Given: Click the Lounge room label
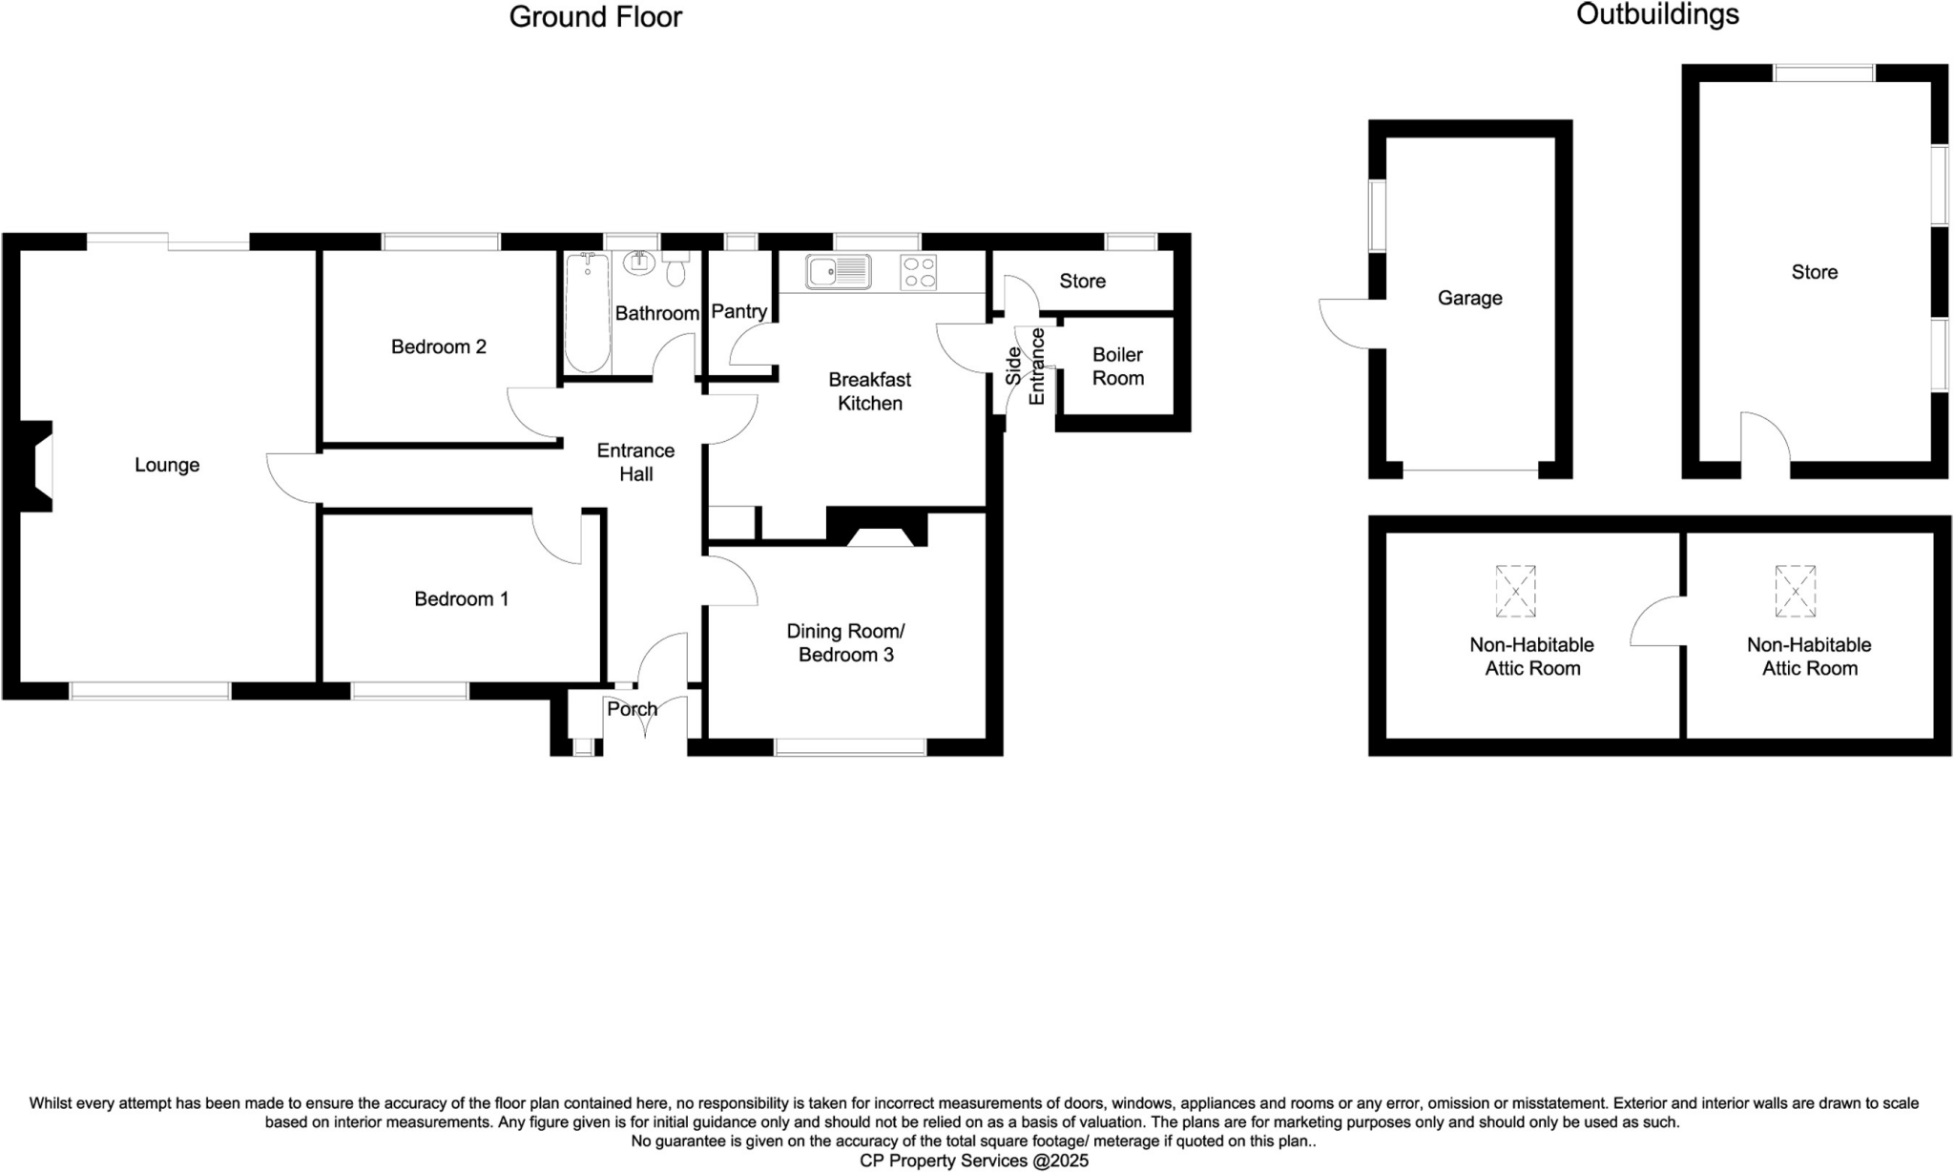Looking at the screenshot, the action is click(x=167, y=466).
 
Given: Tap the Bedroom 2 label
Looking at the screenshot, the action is click(x=439, y=347).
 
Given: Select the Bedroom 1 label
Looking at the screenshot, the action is click(x=461, y=599).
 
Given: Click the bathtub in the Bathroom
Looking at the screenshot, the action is click(x=587, y=313).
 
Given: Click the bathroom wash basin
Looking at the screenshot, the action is click(x=638, y=262).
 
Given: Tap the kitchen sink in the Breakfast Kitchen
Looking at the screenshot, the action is click(x=838, y=272).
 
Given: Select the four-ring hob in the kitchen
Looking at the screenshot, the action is click(x=918, y=272).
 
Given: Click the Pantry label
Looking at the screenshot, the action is click(x=739, y=312).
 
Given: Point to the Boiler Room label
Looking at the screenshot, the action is click(x=1117, y=366).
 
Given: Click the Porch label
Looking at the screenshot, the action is click(x=632, y=709).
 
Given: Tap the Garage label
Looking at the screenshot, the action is click(x=1469, y=299).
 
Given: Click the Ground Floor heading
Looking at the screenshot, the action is click(x=595, y=17).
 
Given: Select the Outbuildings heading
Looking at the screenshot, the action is click(x=1657, y=14).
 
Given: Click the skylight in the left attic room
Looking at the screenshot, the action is click(x=1515, y=591).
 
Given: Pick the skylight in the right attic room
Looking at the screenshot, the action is click(x=1795, y=591).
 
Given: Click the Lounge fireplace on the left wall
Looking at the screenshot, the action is click(x=38, y=466).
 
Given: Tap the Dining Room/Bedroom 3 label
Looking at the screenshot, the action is click(x=845, y=643).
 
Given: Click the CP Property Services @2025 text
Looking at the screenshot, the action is click(x=973, y=1162).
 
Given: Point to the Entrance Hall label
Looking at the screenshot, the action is click(x=635, y=462).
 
